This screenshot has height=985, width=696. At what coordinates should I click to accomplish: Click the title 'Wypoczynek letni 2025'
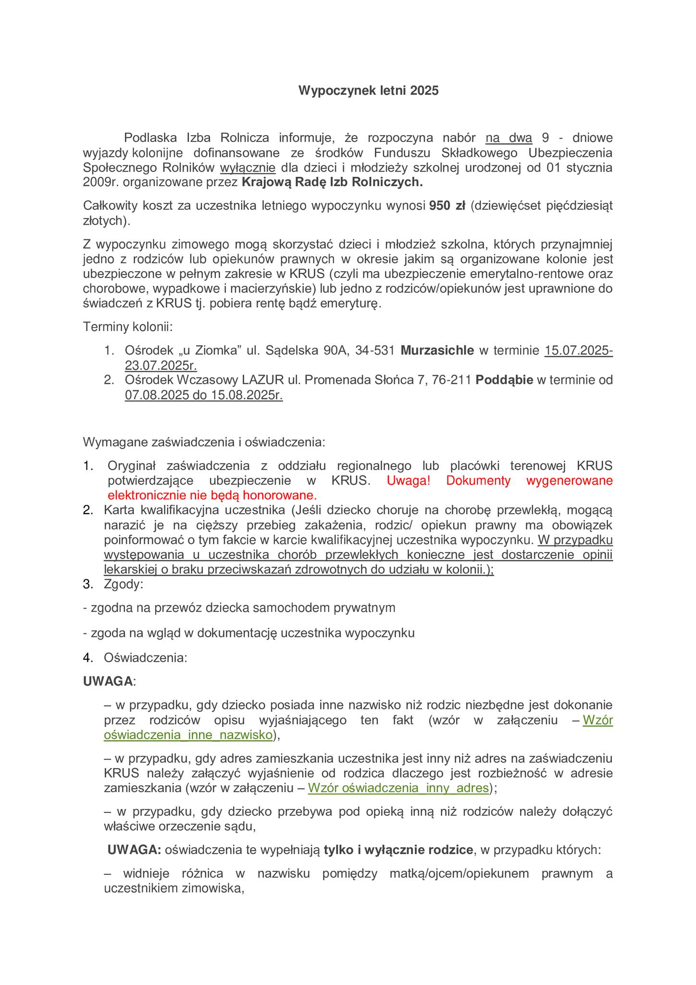pos(368,90)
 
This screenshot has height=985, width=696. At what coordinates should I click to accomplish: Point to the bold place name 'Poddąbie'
pos(504,380)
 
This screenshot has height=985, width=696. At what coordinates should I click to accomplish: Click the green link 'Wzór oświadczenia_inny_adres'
pos(398,788)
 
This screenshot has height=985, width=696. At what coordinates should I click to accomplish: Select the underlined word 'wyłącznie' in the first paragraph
pos(248,168)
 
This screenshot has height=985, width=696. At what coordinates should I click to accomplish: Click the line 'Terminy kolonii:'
pos(128,327)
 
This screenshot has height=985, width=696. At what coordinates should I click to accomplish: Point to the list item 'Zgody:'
pos(123,584)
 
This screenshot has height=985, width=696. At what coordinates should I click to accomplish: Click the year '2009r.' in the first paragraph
pos(98,182)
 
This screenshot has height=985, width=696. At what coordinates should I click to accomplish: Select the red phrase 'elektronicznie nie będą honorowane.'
pos(212,495)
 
